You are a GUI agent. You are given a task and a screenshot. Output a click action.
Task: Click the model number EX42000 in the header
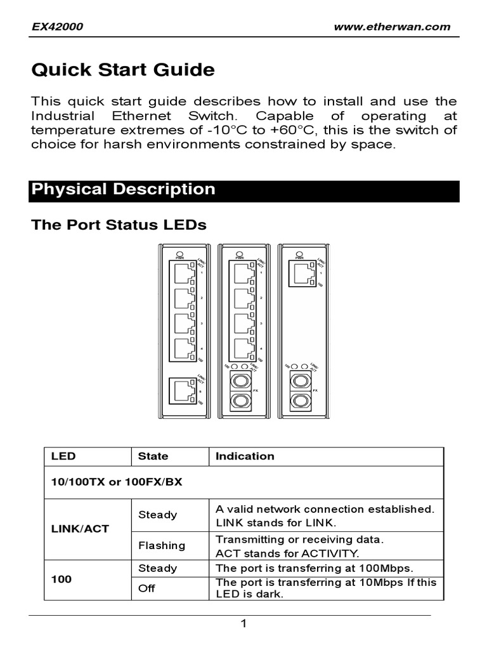(x=58, y=27)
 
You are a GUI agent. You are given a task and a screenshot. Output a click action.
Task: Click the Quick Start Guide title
(x=123, y=70)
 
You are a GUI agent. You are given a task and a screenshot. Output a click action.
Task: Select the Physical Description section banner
(x=243, y=190)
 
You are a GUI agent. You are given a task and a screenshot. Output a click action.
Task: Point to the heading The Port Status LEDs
(x=119, y=225)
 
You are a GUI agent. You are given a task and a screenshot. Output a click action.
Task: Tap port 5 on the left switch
(x=183, y=390)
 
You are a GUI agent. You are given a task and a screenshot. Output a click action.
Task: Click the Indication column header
(x=245, y=456)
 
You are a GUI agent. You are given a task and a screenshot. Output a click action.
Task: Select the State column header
(x=153, y=456)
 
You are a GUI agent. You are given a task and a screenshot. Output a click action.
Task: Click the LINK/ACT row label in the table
(x=80, y=529)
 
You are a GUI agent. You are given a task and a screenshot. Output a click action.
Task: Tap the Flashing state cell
(x=162, y=545)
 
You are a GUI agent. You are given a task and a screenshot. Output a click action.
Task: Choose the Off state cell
(x=146, y=588)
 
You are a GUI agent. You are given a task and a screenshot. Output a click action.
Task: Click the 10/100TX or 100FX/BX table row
(x=117, y=482)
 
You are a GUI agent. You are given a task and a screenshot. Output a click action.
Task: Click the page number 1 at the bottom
(x=243, y=624)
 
